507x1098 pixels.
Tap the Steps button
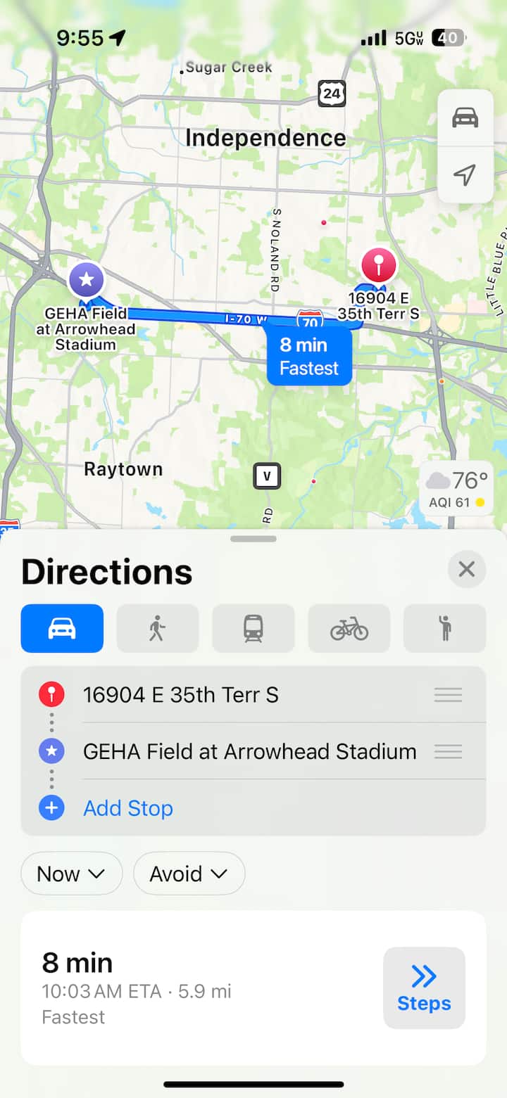(424, 988)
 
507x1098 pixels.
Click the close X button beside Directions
(466, 569)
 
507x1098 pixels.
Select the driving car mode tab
(62, 628)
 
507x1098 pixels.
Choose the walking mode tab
(157, 628)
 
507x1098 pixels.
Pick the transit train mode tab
(254, 628)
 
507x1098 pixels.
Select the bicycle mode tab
(349, 628)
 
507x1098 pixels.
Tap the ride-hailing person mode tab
(444, 628)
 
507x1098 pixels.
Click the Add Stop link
(127, 808)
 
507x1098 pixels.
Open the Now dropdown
(71, 874)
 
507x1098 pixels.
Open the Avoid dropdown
(189, 874)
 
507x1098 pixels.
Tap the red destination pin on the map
(379, 266)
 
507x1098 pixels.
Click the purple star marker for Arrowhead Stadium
(87, 279)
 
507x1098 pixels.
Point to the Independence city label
(265, 138)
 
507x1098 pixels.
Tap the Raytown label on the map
(123, 469)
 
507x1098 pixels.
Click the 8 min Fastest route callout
(308, 356)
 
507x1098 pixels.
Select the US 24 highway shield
(332, 93)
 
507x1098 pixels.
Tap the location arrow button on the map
(465, 174)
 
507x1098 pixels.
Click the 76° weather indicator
(457, 486)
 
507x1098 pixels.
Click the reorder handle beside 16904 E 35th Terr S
(448, 695)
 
